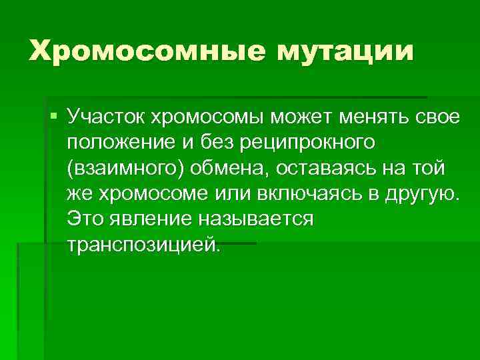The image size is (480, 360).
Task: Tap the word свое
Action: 433,118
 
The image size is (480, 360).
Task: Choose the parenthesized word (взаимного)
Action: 126,169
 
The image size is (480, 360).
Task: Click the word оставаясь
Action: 341,169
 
